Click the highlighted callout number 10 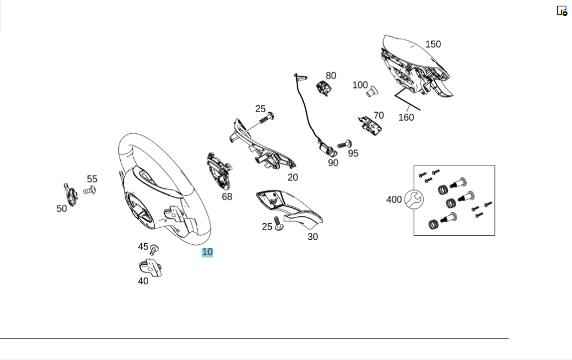[x=207, y=252]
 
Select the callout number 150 [x=433, y=44]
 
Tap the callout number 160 [x=406, y=117]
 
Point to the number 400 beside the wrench [x=394, y=200]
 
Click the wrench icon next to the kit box [x=414, y=199]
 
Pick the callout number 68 [x=227, y=197]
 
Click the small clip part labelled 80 [x=324, y=88]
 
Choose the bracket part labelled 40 [x=150, y=267]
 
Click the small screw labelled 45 [x=154, y=250]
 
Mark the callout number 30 [x=313, y=237]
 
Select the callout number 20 [x=293, y=177]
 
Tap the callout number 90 [x=333, y=163]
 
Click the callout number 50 [x=62, y=209]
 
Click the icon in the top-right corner [x=562, y=11]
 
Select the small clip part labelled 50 [x=71, y=193]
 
